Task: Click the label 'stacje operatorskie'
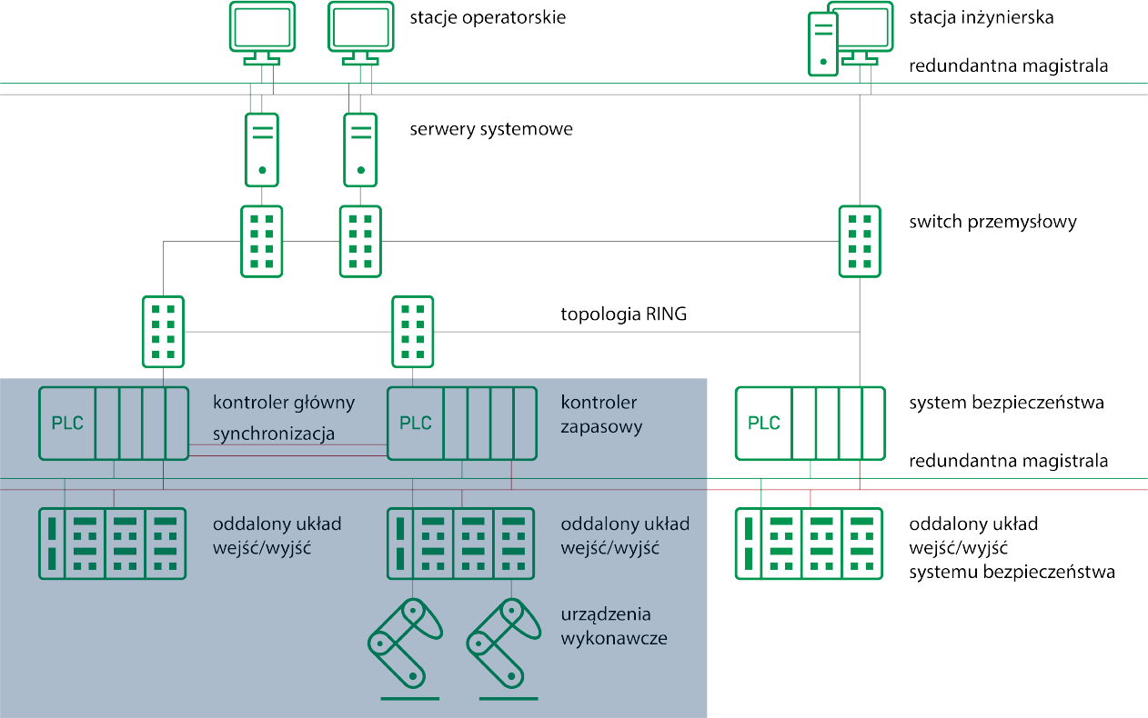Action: tap(488, 18)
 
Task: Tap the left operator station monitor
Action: tap(262, 27)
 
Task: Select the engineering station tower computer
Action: tap(822, 44)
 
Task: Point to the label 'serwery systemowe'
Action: tap(491, 129)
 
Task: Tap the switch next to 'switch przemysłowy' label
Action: tap(859, 241)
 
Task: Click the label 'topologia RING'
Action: tap(624, 315)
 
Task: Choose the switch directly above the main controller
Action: tap(164, 332)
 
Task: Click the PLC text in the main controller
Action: tap(68, 424)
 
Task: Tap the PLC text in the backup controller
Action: tap(416, 424)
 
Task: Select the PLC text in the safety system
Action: tap(764, 424)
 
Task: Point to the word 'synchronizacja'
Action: tap(274, 434)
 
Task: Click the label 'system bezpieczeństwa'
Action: tap(1007, 403)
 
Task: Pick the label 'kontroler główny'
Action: tap(284, 403)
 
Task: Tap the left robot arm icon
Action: tap(405, 643)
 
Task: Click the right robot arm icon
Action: tap(504, 643)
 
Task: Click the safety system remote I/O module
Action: tap(809, 543)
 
